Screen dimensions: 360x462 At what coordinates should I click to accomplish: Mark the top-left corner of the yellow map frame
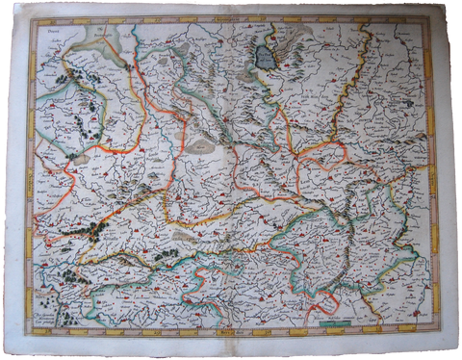(x=29, y=19)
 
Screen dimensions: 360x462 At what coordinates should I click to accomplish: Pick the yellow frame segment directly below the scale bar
(x=333, y=332)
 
